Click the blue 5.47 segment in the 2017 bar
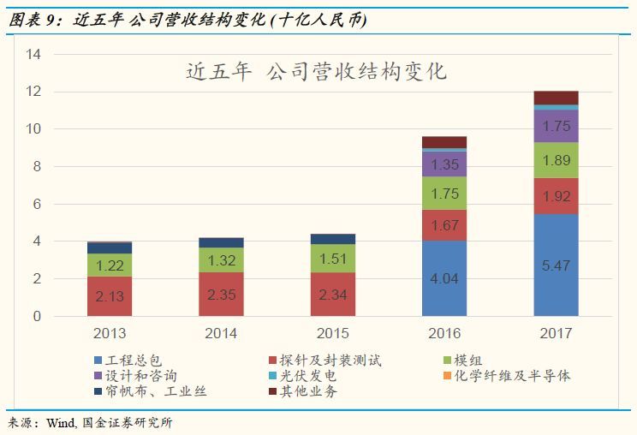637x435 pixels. click(x=556, y=265)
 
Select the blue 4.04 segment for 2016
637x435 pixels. click(x=444, y=278)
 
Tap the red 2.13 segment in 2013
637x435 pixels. click(x=110, y=296)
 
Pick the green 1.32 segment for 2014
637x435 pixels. click(x=222, y=260)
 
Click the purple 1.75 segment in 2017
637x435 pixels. click(x=556, y=126)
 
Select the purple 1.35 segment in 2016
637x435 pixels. click(x=444, y=164)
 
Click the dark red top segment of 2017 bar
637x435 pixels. click(x=556, y=98)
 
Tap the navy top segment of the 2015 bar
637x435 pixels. click(x=333, y=239)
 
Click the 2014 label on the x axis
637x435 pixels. click(x=222, y=333)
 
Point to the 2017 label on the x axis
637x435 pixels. click(x=556, y=333)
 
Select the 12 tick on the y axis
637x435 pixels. click(x=34, y=92)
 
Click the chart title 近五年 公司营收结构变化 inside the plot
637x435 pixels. click(x=317, y=71)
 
